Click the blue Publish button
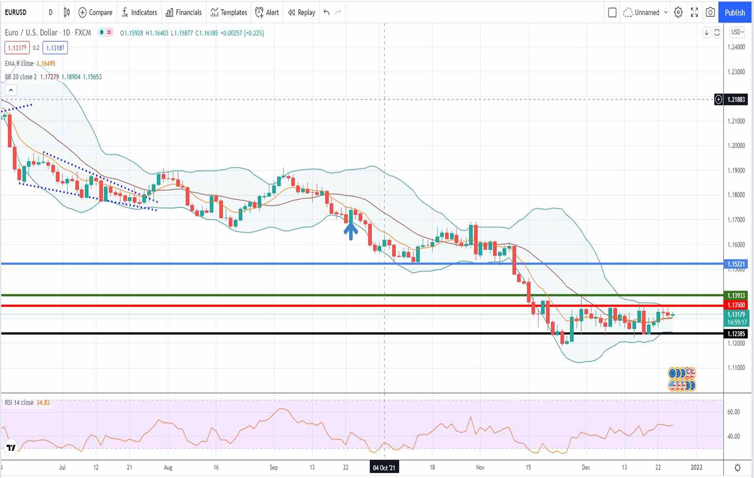tap(735, 13)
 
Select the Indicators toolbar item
tap(139, 13)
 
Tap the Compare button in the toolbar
tap(95, 13)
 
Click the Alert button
tap(267, 13)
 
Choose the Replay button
tap(301, 13)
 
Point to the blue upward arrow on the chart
tap(351, 230)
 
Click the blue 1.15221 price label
tap(736, 264)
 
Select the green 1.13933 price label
tap(736, 295)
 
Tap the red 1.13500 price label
tap(736, 305)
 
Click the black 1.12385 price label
tap(736, 334)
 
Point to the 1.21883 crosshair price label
tap(736, 100)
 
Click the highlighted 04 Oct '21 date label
tap(384, 468)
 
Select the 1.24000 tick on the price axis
tap(736, 47)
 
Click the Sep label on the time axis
tap(274, 468)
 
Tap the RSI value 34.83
tap(43, 403)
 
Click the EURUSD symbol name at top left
tap(16, 13)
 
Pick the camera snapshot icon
tap(710, 13)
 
